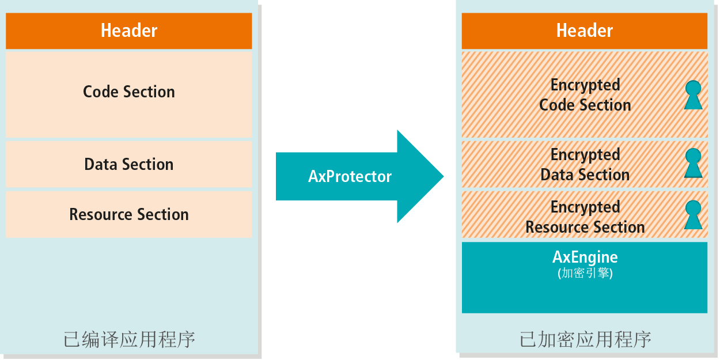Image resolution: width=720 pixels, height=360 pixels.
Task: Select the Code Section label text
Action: [x=129, y=92]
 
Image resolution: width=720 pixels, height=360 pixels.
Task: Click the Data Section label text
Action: [x=129, y=165]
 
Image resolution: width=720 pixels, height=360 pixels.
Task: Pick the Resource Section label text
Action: [x=129, y=215]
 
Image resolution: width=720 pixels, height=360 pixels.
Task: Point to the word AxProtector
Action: [x=350, y=176]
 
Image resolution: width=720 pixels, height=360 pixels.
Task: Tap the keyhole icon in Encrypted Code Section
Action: [x=694, y=95]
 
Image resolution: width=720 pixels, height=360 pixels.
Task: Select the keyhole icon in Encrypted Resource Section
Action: [x=694, y=215]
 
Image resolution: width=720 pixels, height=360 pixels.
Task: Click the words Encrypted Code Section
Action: [x=585, y=95]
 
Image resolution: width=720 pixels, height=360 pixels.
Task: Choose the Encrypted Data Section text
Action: [x=585, y=165]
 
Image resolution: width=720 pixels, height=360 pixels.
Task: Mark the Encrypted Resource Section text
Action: [x=585, y=217]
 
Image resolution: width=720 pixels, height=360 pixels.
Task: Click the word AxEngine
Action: [x=585, y=257]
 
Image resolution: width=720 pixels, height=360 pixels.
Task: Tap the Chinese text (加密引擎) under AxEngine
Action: [x=585, y=274]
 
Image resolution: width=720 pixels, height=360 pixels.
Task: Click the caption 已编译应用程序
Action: [x=129, y=339]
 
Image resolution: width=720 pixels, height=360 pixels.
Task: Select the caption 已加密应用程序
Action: [x=585, y=339]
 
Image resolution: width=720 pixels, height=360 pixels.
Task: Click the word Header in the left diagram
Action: [x=129, y=31]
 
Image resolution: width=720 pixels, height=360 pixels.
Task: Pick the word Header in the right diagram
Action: [x=585, y=31]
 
